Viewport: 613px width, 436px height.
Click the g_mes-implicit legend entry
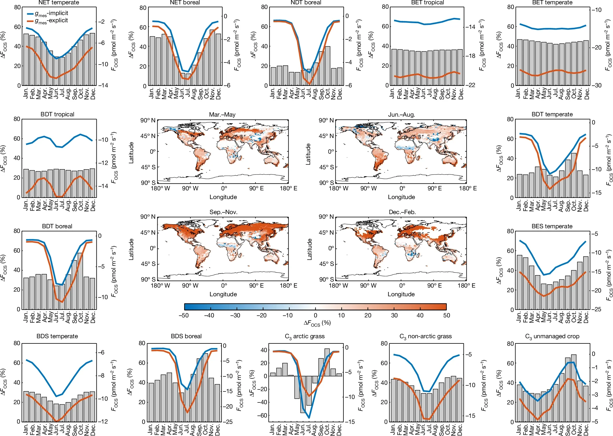pos(51,13)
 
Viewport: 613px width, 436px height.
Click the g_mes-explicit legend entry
pos(51,21)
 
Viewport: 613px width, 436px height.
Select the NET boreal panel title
pos(185,3)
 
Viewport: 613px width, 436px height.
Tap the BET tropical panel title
pos(427,3)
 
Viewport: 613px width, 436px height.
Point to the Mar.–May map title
pos(222,115)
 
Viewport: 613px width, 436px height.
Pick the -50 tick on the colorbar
pos(184,315)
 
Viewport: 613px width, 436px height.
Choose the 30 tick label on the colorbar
pos(394,315)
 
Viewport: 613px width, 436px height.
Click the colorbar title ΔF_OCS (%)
pos(317,323)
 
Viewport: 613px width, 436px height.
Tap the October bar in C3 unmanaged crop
pos(574,388)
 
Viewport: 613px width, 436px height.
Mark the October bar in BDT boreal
pos(80,281)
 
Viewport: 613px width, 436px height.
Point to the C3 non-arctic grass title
pos(425,336)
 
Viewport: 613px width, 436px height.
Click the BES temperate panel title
pos(552,226)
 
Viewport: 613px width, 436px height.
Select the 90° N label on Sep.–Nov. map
pos(148,217)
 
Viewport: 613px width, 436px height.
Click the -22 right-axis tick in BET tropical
pos(472,85)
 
